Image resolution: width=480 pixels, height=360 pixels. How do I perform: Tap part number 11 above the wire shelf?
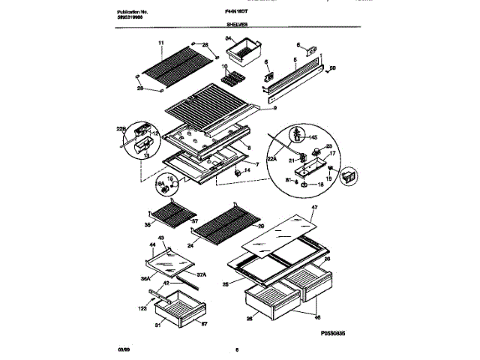coord(160,44)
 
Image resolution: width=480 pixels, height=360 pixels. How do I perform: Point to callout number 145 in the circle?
coord(313,138)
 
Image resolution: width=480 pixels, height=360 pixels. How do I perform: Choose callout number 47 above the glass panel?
coord(314,207)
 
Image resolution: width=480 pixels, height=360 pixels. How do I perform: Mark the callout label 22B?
coord(121,128)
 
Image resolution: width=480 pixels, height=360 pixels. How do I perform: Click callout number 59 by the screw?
coord(333,70)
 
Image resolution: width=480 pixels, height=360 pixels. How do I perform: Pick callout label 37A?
coord(201,274)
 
